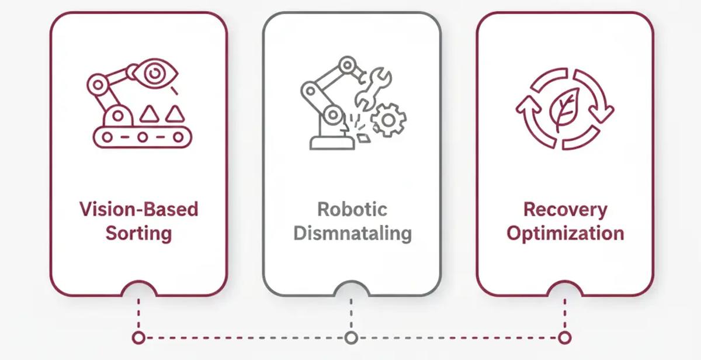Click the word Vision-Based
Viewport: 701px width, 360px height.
(138, 209)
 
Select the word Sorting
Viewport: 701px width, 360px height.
(138, 233)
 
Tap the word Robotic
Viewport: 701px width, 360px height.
(352, 209)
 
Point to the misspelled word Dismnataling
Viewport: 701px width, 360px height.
(352, 233)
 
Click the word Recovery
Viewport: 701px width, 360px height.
(565, 209)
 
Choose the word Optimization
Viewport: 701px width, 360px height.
(565, 233)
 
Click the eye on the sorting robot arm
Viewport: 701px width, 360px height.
(155, 74)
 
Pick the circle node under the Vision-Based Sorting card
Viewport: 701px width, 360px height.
(138, 337)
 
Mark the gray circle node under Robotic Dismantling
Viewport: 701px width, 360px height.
(351, 337)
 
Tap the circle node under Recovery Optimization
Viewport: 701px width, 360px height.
(564, 337)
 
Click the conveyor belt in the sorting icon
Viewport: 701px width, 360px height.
(141, 137)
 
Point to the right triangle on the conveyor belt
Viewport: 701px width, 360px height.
(174, 113)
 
